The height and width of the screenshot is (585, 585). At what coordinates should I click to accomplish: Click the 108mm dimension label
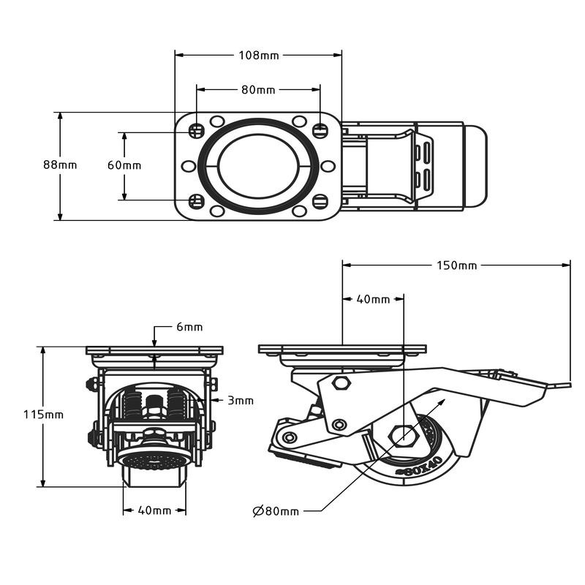(259, 55)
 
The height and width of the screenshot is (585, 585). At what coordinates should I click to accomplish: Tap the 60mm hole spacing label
(124, 165)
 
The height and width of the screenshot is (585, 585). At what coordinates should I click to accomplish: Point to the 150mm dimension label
(456, 265)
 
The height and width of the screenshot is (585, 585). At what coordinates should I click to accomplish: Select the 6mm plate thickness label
(189, 327)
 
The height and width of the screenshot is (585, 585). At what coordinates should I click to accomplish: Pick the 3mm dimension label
(240, 400)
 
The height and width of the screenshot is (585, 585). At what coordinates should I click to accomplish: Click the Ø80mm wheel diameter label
(276, 511)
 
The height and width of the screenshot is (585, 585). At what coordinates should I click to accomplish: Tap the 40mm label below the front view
(154, 510)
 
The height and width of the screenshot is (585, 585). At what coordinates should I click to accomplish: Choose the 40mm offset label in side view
(373, 299)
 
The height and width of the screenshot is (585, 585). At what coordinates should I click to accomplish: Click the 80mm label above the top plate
(258, 90)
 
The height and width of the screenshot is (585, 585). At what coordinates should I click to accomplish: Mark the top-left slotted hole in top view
(196, 131)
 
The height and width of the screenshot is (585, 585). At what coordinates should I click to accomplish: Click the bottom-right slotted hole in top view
(320, 201)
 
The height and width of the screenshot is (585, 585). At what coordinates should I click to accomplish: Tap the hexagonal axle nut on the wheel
(403, 437)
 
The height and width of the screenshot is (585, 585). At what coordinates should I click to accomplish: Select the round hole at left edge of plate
(188, 166)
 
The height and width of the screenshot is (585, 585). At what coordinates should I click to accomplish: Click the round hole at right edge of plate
(328, 166)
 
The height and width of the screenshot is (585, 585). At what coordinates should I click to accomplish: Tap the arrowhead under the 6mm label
(154, 342)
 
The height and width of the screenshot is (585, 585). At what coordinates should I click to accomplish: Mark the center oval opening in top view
(258, 166)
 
